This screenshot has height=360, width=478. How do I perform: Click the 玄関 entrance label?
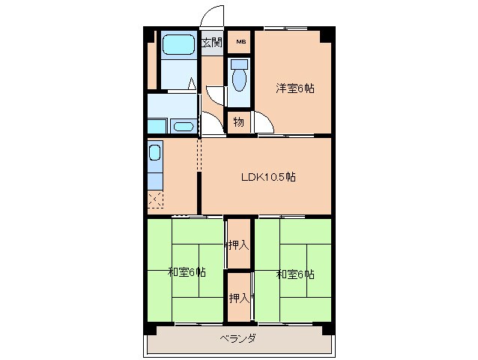pyautogui.click(x=211, y=42)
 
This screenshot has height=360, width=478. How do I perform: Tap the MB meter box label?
pyautogui.click(x=241, y=42)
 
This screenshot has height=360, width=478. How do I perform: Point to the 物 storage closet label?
pyautogui.click(x=238, y=121)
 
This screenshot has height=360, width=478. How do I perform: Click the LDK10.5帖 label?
pyautogui.click(x=267, y=178)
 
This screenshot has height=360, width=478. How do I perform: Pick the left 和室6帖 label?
pyautogui.click(x=187, y=273)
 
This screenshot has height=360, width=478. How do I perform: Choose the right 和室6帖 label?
pyautogui.click(x=295, y=274)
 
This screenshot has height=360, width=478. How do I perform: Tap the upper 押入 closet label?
pyautogui.click(x=238, y=244)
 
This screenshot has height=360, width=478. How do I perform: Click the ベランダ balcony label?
pyautogui.click(x=238, y=338)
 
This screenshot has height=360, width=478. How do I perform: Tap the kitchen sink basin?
pyautogui.click(x=155, y=154)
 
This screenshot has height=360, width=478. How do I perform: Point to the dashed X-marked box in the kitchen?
pyautogui.click(x=155, y=199)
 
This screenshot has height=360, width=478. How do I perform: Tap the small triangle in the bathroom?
pyautogui.click(x=191, y=84)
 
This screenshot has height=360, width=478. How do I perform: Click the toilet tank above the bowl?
pyautogui.click(x=239, y=65)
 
